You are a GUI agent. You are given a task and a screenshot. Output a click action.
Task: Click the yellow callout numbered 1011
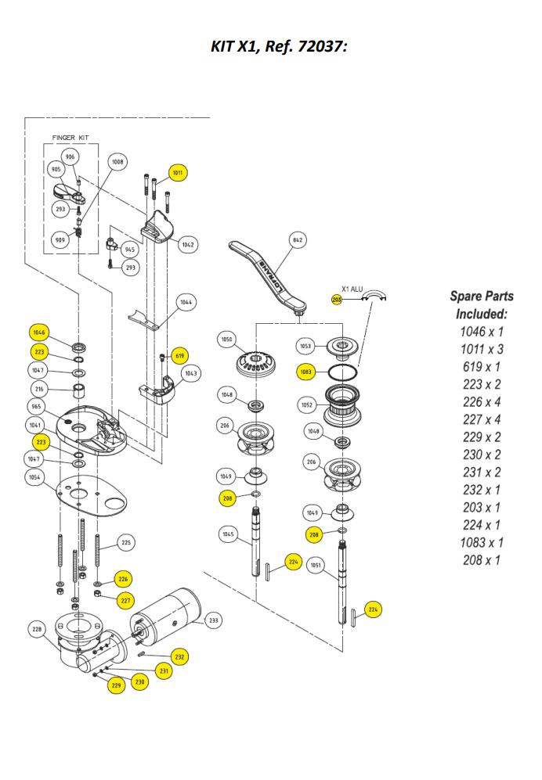click(179, 173)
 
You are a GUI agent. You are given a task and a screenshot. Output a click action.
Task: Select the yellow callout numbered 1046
click(40, 332)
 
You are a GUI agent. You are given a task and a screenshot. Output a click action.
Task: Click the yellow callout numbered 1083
click(307, 372)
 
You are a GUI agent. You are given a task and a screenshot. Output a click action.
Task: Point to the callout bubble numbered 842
click(297, 240)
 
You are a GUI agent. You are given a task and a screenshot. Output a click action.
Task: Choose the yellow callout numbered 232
click(180, 656)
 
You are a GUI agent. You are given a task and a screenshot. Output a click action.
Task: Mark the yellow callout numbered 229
click(117, 685)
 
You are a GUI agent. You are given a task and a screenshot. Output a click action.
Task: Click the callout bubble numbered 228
click(36, 628)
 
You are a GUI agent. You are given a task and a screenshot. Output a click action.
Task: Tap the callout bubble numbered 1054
click(34, 476)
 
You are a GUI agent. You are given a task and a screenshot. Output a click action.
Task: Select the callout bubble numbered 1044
click(186, 301)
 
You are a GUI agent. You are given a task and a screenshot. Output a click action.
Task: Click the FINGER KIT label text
click(70, 138)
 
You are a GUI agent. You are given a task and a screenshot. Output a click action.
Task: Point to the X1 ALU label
click(352, 288)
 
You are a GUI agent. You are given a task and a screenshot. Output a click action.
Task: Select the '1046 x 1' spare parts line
click(481, 332)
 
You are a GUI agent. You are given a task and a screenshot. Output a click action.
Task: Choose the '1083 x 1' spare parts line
click(481, 542)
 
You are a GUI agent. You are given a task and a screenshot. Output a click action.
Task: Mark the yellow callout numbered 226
click(123, 579)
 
